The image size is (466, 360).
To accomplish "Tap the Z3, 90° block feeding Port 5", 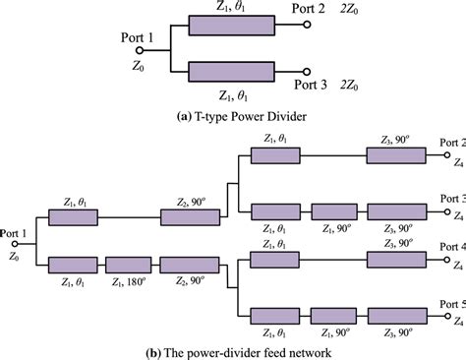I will pyautogui.click(x=396, y=315).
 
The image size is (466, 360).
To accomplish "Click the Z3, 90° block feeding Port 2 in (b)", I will pyautogui.click(x=396, y=155).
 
